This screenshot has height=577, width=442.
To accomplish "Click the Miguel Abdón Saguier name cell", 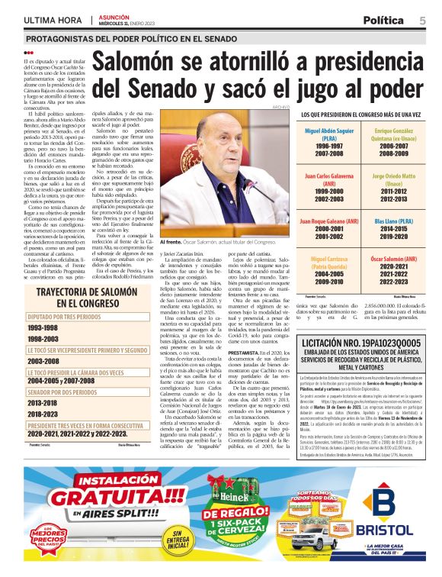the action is point(320,135).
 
